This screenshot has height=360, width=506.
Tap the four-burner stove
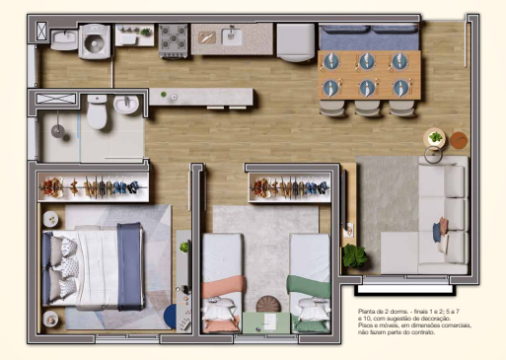[x=174, y=38]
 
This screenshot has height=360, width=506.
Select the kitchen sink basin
[x=233, y=36]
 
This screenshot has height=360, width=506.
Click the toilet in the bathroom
[x=97, y=113]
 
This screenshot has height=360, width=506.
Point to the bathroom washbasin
[x=127, y=105]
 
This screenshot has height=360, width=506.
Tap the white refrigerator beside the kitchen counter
[x=295, y=41]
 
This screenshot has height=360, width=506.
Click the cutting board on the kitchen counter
[x=208, y=37]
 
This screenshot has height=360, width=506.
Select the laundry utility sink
[x=63, y=39]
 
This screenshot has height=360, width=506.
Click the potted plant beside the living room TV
[x=356, y=255]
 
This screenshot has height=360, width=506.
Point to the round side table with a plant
[x=434, y=138]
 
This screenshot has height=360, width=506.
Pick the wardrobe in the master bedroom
[x=94, y=186]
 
